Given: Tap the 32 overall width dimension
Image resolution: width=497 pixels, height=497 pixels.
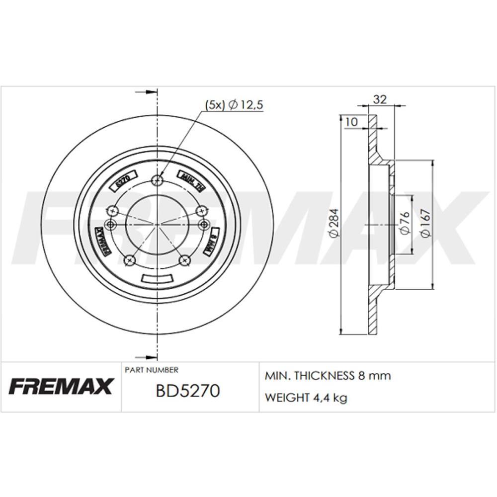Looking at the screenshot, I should coord(380,99).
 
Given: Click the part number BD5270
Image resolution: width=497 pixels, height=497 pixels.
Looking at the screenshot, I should coord(187,391).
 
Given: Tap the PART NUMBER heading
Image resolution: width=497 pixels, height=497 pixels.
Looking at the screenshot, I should coord(151,370).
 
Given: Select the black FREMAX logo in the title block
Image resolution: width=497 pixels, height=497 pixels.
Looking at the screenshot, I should coord(61,386).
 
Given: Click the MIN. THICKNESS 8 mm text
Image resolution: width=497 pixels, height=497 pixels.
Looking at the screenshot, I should coord(328,376).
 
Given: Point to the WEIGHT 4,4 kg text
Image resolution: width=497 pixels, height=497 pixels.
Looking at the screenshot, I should coord(306,398).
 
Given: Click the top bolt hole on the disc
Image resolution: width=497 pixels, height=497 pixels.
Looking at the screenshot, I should coord(158,180).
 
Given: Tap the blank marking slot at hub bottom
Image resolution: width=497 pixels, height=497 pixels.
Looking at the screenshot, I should coord(157,279).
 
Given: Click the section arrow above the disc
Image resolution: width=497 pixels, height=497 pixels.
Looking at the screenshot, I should coord(146,92).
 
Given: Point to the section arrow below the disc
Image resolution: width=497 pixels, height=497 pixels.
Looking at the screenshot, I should coord(146,356).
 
